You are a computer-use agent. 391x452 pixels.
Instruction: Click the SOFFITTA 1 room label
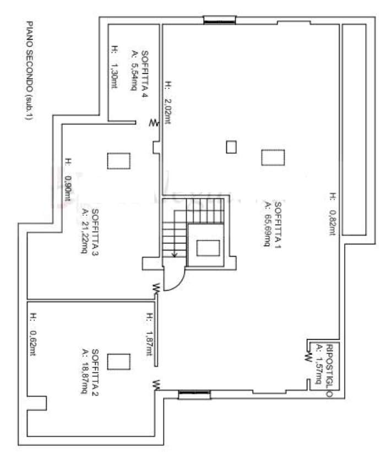click(278, 225)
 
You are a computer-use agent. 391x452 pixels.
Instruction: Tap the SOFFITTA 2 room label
click(95, 372)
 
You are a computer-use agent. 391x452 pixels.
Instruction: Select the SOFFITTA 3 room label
click(95, 232)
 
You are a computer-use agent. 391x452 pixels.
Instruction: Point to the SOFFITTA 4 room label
click(145, 74)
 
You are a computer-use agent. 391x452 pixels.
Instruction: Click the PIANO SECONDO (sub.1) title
click(29, 70)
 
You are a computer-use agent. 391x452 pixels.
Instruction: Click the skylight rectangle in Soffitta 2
click(118, 362)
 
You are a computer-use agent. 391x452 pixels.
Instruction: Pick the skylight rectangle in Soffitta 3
click(118, 161)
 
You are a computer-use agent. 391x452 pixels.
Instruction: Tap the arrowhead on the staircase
click(174, 254)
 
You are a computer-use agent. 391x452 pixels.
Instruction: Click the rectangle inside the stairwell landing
click(208, 248)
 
